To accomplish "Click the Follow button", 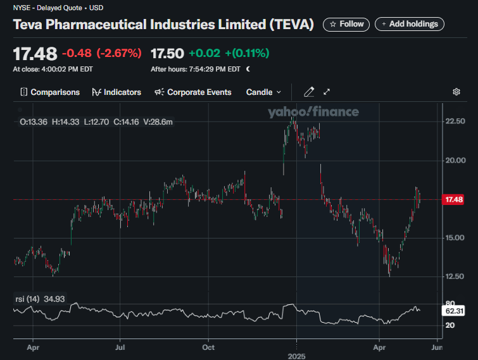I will [347, 24].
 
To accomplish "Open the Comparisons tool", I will [50, 92].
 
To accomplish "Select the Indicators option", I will [116, 92].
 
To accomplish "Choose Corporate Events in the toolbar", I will [193, 92].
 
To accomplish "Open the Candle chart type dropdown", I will [263, 92].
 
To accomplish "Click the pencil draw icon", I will [309, 92].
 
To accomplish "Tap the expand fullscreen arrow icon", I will [327, 92].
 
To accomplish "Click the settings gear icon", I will [456, 92].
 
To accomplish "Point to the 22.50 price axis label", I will [456, 121].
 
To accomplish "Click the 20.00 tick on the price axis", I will [456, 160].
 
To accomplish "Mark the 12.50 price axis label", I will [456, 276].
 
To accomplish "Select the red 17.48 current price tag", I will [455, 199].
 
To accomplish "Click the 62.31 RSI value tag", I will [455, 311].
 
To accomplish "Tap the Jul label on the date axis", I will [120, 347].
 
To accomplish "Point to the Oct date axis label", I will [208, 347].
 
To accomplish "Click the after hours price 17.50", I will [167, 53].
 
